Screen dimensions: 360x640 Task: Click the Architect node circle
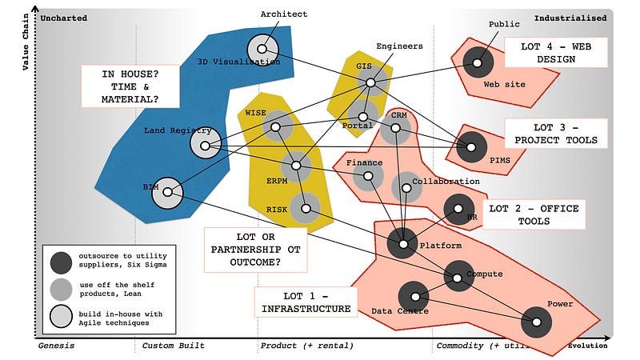(x=262, y=50)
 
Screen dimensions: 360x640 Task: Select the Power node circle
(x=537, y=322)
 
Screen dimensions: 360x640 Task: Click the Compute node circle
(x=459, y=276)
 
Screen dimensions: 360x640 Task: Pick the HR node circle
(x=459, y=209)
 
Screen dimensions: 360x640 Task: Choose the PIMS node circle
(x=471, y=146)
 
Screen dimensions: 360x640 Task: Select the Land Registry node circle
(x=206, y=145)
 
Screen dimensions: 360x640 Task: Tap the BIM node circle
(x=166, y=193)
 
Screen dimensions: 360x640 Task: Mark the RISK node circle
(x=305, y=209)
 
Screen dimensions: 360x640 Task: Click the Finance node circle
(x=368, y=176)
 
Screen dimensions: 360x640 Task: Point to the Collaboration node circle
(x=406, y=186)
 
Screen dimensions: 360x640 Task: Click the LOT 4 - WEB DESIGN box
(x=556, y=53)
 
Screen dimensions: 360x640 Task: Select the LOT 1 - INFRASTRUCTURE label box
(x=305, y=301)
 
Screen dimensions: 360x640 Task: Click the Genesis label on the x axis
(x=56, y=346)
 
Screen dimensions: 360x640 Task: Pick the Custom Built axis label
(x=173, y=346)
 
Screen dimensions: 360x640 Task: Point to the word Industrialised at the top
(x=570, y=18)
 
